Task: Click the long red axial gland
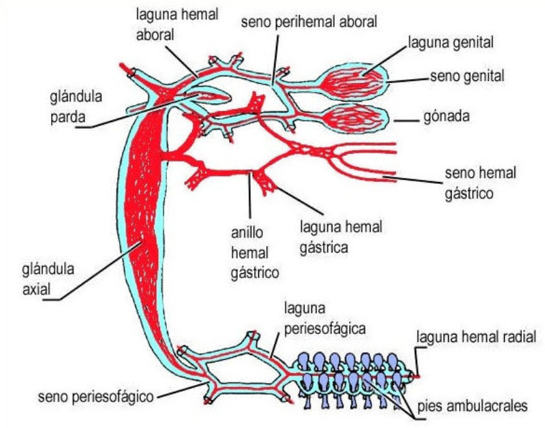[147, 225]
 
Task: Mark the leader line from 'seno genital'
[409, 79]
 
